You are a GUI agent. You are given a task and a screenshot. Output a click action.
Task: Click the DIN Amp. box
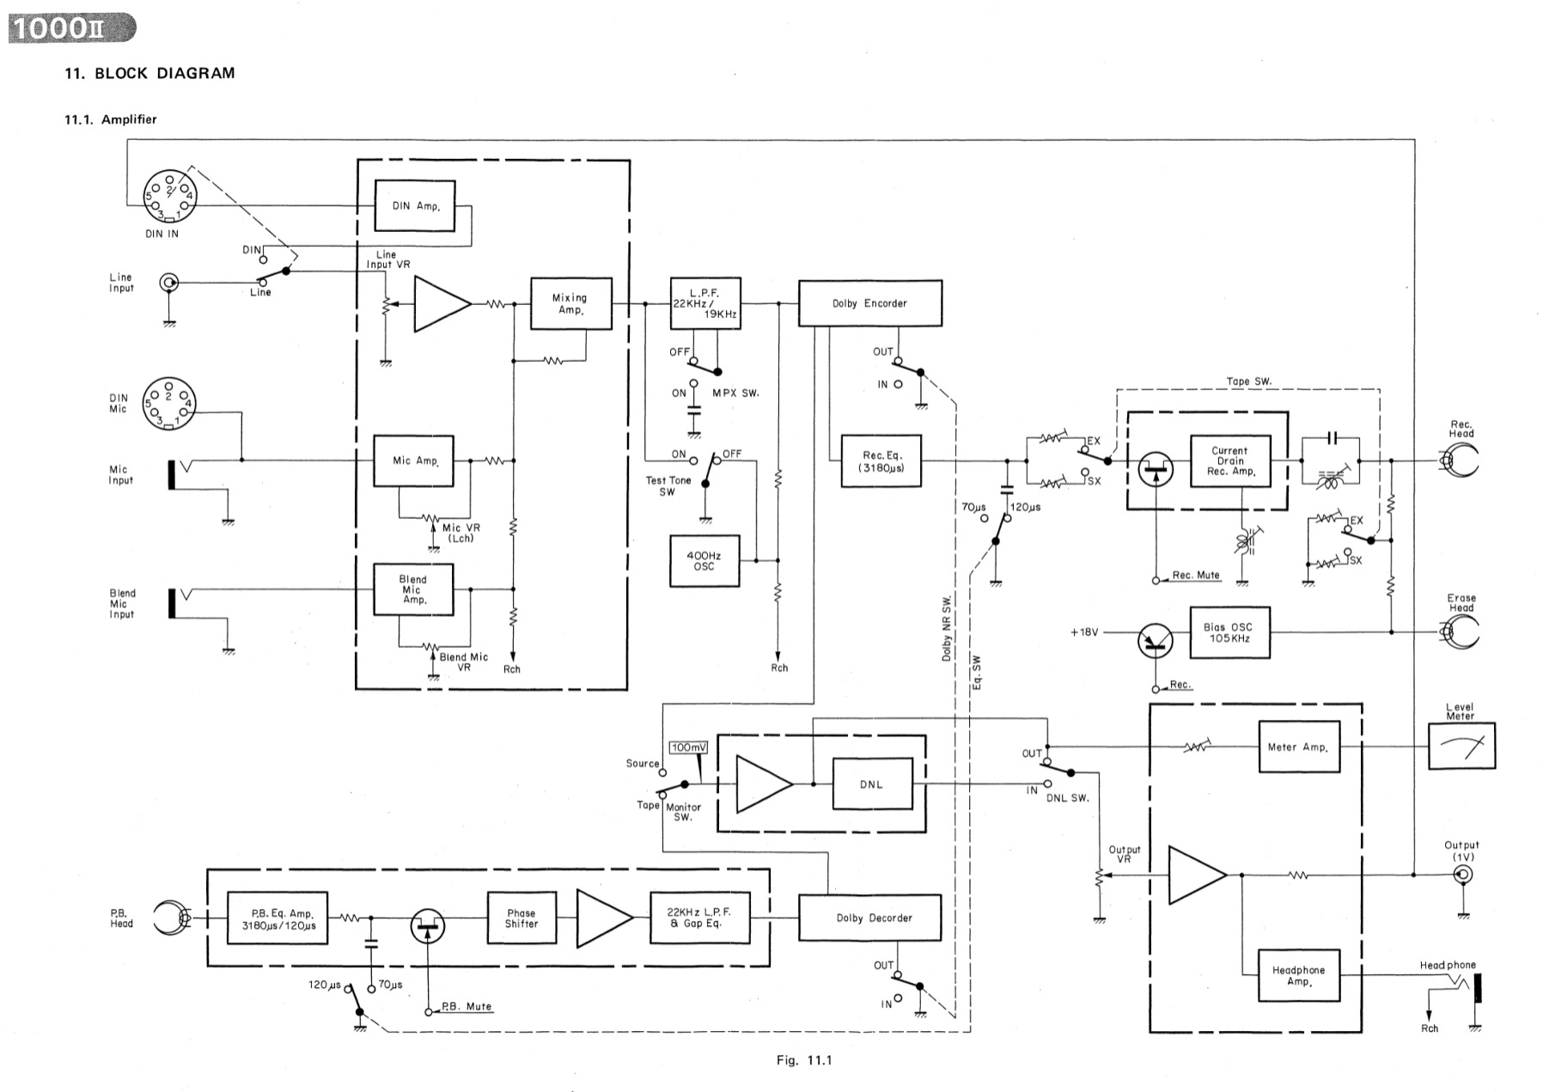click(415, 205)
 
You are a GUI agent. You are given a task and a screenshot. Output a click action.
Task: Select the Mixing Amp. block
click(570, 303)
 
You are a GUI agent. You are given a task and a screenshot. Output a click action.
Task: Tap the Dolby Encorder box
click(869, 303)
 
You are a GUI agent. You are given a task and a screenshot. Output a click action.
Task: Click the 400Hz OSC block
click(704, 561)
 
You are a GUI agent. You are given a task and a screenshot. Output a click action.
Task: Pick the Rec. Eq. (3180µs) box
click(881, 462)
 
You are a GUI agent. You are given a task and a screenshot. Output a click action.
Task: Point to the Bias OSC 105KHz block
click(1229, 633)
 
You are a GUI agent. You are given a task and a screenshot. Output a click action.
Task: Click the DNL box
click(871, 784)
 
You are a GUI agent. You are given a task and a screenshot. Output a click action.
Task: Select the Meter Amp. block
click(1297, 747)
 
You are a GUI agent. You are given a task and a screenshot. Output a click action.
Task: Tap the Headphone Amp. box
click(1298, 975)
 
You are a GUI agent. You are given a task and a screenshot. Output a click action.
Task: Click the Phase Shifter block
click(521, 918)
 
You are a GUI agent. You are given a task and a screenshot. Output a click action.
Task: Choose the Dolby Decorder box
click(869, 918)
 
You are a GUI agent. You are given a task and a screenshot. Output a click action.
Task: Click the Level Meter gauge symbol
click(1461, 746)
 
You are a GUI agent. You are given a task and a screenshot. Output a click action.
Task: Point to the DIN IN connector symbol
click(168, 195)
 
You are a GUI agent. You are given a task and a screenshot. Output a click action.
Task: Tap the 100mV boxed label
click(687, 747)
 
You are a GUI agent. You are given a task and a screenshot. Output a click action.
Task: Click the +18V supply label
click(1084, 632)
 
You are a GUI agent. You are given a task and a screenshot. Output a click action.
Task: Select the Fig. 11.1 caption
click(804, 1060)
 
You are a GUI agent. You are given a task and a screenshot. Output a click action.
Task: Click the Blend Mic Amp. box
click(413, 589)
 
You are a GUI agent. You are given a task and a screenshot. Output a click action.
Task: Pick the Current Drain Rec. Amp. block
click(1229, 461)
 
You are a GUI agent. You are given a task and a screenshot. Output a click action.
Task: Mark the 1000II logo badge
click(71, 28)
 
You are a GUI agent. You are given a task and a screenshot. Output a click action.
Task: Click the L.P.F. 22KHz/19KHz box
click(704, 303)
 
